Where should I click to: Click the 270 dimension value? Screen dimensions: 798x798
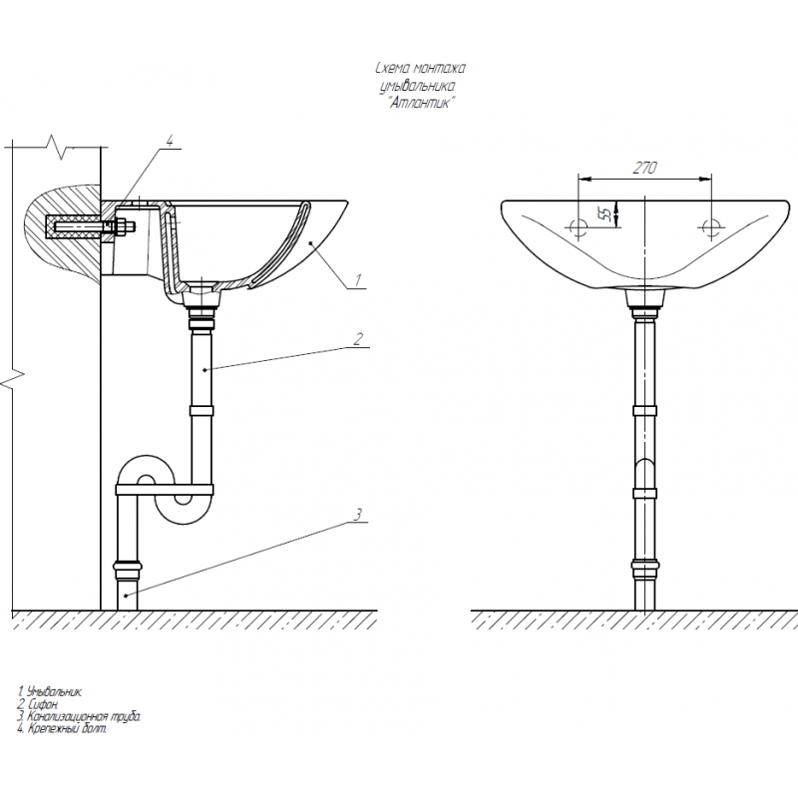pos(644,168)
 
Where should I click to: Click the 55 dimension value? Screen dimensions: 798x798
pos(605,214)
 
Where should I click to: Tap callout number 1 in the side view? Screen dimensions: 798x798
pos(358,279)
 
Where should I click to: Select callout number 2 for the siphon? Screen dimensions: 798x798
pos(358,339)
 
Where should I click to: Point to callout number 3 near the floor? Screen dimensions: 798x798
pos(358,515)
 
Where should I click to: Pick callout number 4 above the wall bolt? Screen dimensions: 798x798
pos(170,141)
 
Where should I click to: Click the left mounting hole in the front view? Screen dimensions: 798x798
pos(579,227)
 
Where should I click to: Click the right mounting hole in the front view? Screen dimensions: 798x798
pos(710,227)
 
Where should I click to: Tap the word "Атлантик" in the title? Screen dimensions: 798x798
pos(420,103)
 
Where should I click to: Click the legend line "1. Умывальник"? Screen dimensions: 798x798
pos(49,691)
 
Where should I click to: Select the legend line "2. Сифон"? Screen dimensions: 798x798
pos(38,704)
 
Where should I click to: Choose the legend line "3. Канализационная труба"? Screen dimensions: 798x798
pos(79,716)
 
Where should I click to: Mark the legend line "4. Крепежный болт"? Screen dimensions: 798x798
pos(62,729)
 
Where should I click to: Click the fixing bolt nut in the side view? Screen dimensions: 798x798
pos(122,226)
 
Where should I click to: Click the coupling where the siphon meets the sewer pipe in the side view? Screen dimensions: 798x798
pos(128,570)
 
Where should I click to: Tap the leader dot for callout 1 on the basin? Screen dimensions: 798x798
pos(310,243)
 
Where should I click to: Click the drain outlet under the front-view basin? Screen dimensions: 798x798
pos(644,298)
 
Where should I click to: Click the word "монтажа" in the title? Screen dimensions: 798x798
pos(440,68)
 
